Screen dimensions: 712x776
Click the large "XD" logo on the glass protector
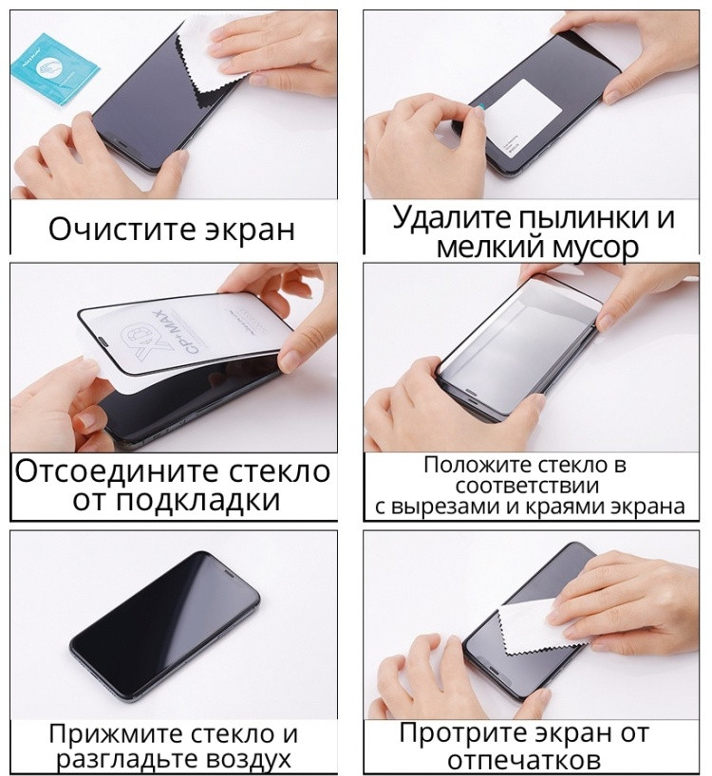click(135, 342)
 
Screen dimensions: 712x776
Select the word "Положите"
click(478, 466)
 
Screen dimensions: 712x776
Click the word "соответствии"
click(527, 487)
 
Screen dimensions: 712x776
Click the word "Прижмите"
click(117, 735)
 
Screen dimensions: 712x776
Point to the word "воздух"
click(247, 760)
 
